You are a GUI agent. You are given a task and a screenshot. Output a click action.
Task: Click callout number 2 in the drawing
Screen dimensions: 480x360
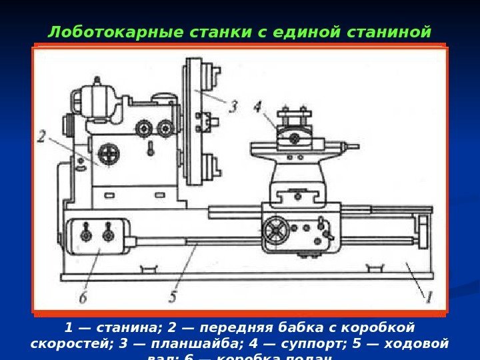[42, 137]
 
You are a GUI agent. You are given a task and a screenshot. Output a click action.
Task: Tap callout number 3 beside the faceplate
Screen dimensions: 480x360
[233, 105]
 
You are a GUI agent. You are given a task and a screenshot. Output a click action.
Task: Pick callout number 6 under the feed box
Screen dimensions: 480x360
[83, 297]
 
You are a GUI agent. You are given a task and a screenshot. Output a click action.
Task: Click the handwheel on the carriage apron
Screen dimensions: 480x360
[274, 230]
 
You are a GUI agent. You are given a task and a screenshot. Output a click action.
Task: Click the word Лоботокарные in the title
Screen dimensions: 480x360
[92, 32]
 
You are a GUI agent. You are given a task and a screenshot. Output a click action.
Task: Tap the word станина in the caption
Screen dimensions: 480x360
[127, 328]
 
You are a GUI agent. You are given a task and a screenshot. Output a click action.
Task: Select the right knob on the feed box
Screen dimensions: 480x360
[107, 235]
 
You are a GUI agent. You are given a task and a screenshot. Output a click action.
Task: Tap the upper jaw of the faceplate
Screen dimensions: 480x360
[212, 74]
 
